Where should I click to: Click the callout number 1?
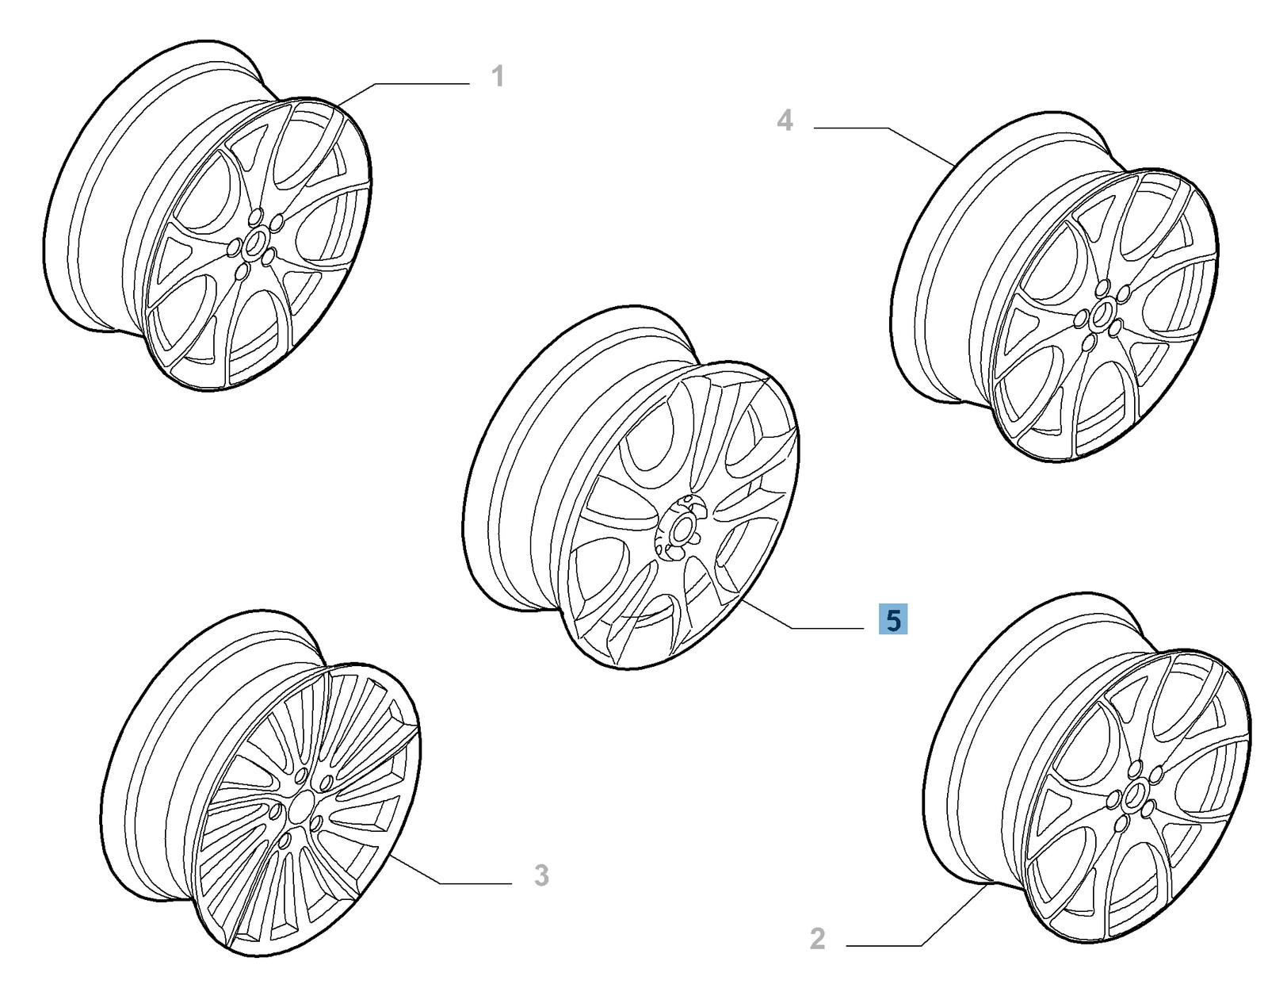tap(497, 77)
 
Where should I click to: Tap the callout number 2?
tap(818, 938)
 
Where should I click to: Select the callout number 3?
tap(541, 875)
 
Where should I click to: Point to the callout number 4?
tap(785, 121)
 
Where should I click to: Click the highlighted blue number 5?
tap(893, 619)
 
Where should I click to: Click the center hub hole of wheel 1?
tap(255, 241)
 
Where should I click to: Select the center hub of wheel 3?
tap(300, 808)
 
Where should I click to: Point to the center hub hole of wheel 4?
tap(1100, 316)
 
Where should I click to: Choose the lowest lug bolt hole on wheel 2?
tap(1120, 825)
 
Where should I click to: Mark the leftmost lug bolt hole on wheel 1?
tap(235, 249)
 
